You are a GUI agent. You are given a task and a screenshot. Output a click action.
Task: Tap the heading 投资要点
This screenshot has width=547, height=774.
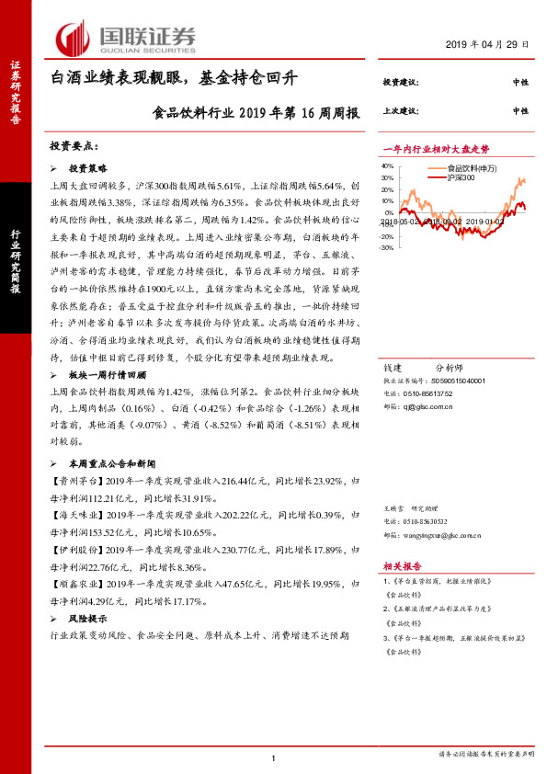pos(73,145)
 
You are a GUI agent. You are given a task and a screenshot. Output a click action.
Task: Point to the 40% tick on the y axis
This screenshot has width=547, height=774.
pos(386,166)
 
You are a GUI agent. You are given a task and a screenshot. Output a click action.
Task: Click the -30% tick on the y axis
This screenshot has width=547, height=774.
pos(386,248)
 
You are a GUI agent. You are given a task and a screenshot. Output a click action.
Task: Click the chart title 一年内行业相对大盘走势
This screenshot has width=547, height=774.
pos(435,149)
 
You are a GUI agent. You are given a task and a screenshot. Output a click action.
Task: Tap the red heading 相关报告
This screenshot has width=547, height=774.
pos(401,567)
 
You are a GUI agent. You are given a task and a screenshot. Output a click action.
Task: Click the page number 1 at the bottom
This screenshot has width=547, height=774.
pos(274,757)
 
